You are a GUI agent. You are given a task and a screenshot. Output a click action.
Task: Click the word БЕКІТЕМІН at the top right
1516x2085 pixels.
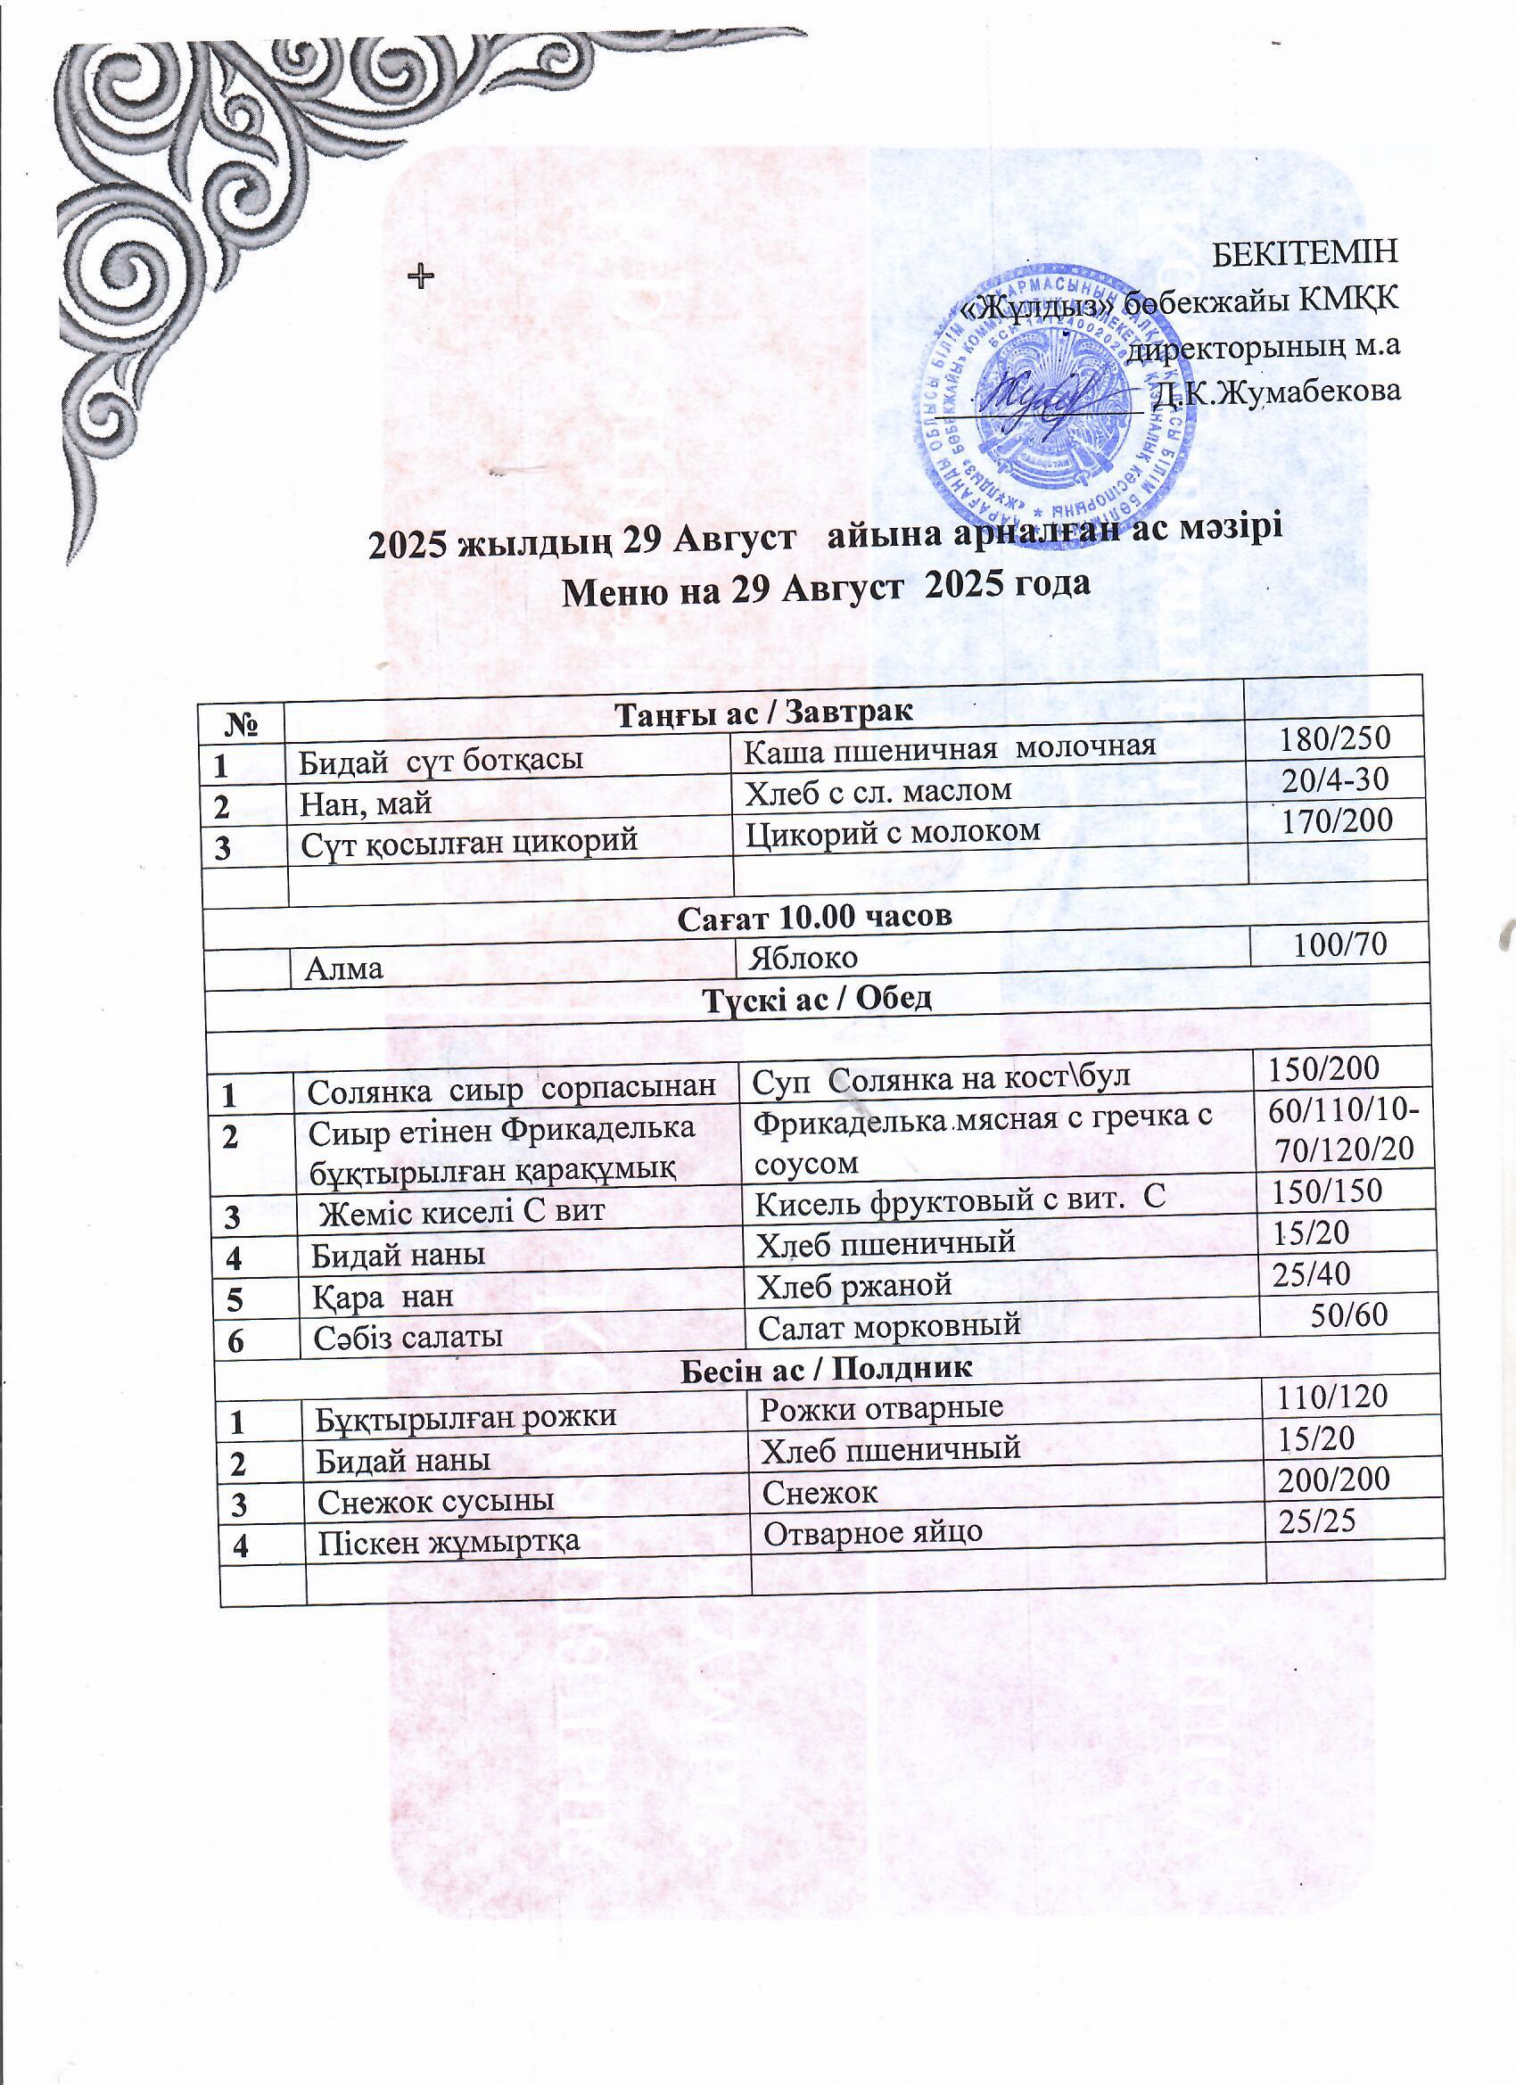click(x=1306, y=251)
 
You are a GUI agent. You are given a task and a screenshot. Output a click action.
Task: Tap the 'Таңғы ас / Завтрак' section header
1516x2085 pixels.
click(x=762, y=713)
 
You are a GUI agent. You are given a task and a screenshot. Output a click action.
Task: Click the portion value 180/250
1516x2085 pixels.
click(x=1335, y=738)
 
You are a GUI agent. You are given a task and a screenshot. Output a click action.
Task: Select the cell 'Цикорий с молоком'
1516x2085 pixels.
click(x=892, y=832)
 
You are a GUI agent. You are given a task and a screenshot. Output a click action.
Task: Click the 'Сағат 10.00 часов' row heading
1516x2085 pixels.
click(x=813, y=916)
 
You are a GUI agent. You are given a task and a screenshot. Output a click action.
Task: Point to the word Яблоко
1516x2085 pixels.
click(x=803, y=957)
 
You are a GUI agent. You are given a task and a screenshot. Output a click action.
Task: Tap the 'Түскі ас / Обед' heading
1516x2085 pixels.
click(x=817, y=999)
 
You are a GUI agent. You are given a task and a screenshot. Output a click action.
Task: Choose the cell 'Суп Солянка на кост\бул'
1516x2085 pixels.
click(x=941, y=1077)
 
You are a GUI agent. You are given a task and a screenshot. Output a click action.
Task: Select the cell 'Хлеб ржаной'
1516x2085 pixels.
click(x=853, y=1284)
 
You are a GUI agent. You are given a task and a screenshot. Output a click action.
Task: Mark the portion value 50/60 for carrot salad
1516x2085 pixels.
click(x=1348, y=1315)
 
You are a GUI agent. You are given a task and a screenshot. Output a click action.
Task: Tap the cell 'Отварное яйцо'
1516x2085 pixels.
click(x=873, y=1531)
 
